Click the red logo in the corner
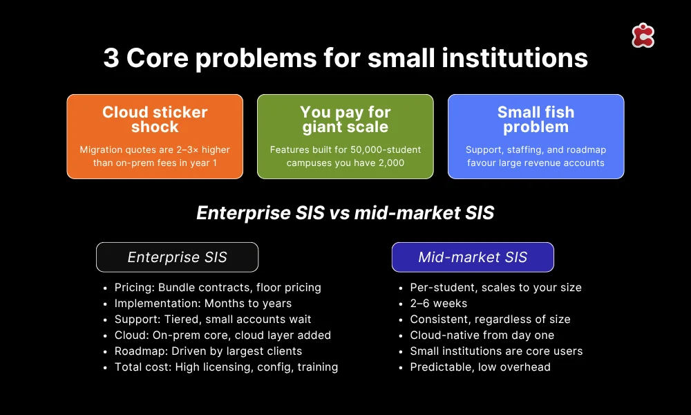pos(643,35)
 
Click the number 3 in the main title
pos(111,58)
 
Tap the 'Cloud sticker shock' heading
pos(155,120)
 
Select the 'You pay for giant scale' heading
pos(345,120)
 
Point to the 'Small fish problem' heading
pos(536,120)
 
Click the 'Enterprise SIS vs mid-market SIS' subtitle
pos(345,212)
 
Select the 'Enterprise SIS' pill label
pos(177,257)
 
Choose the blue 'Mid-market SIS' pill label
pos(473,257)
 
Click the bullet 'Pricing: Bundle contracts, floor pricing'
pos(218,287)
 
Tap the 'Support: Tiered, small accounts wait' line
pos(213,319)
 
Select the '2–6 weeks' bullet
pos(439,303)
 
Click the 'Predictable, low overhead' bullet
pos(480,367)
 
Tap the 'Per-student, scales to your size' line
pos(495,287)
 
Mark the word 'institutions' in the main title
pos(511,58)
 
